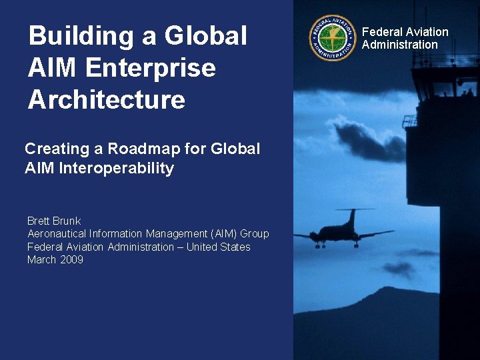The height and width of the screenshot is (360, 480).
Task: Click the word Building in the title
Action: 79,36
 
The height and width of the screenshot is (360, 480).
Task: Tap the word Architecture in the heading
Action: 106,100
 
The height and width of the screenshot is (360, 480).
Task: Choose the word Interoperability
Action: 117,168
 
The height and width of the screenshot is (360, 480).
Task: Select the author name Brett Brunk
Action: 54,221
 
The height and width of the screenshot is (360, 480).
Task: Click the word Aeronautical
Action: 57,234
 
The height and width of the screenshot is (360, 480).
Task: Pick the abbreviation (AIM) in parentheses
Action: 223,234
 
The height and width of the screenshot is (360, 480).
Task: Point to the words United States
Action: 218,247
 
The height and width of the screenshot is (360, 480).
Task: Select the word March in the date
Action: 41,260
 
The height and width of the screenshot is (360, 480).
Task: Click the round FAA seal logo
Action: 332,38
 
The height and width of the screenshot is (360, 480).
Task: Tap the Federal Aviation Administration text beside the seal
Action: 405,38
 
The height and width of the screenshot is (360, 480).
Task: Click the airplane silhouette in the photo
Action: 343,231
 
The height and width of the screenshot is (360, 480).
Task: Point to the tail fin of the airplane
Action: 352,216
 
